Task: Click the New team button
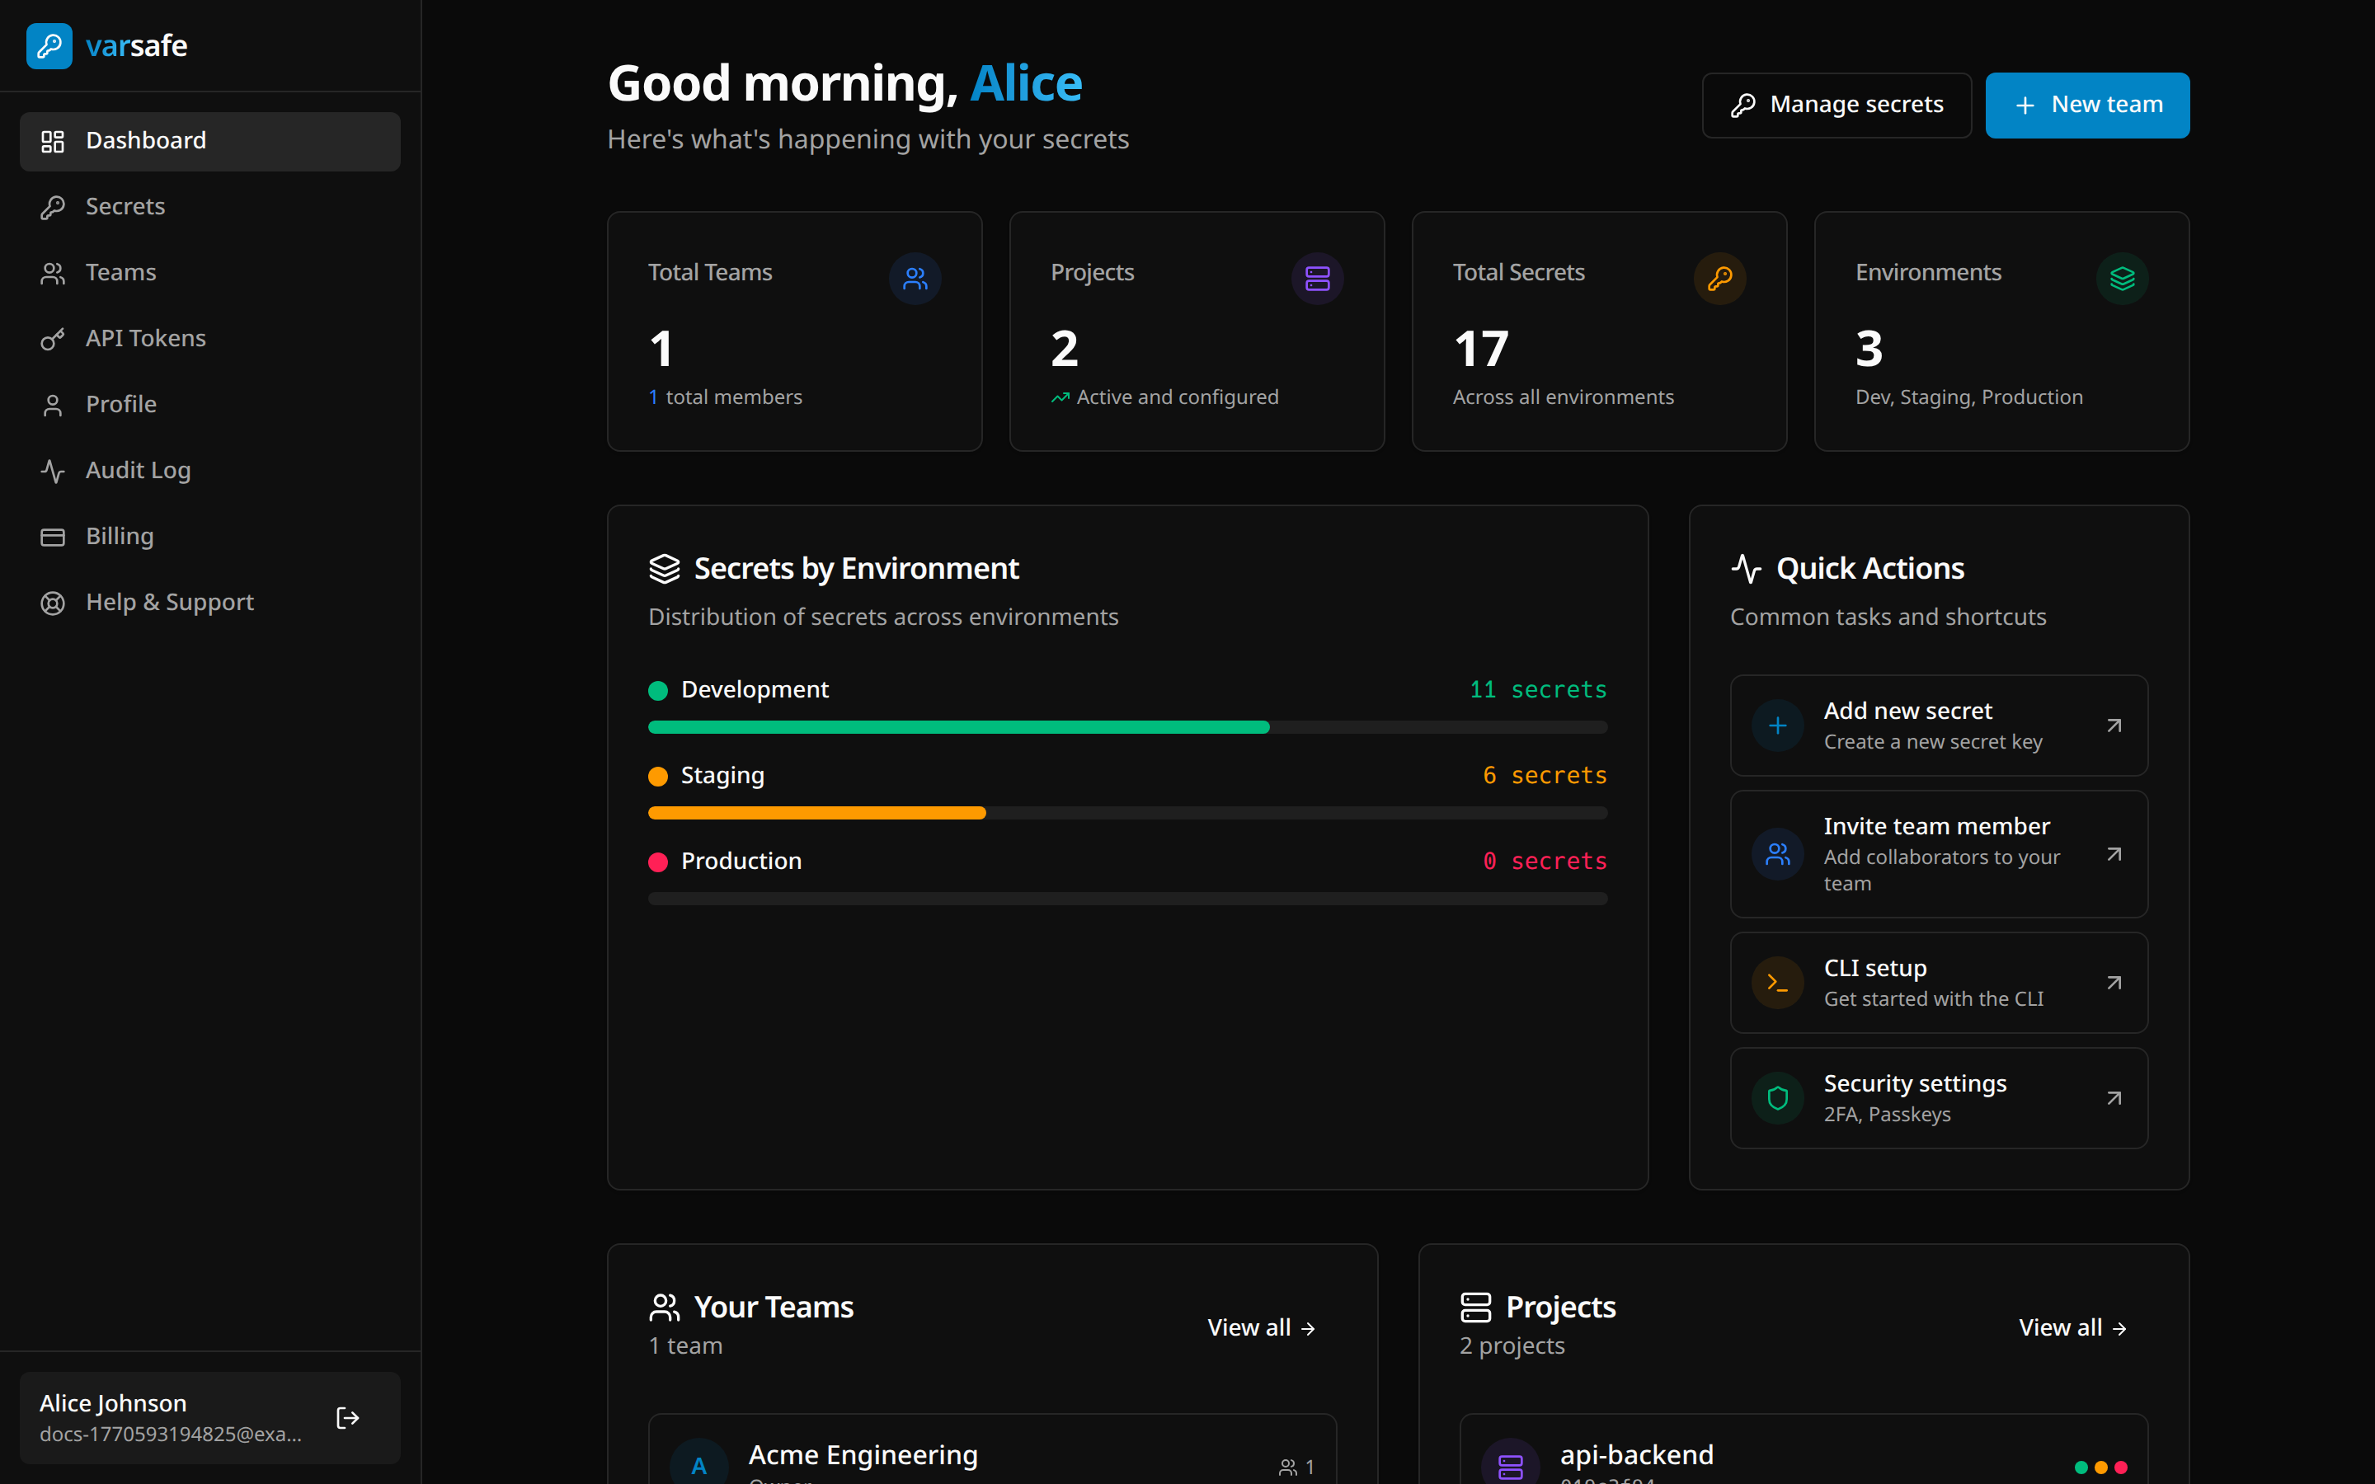2086,105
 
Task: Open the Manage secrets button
1837,105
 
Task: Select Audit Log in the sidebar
138,470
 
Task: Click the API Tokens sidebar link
145,339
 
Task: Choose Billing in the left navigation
119,536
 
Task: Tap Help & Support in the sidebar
169,602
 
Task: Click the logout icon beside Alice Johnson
347,1418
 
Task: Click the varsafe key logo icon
49,46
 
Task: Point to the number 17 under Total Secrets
1481,349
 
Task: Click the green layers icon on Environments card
2122,279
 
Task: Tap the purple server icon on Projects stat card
1317,279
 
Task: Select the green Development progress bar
958,727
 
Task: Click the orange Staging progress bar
816,813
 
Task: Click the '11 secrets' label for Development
1538,690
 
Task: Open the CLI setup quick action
1938,983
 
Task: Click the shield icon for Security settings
1777,1098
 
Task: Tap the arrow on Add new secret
2114,726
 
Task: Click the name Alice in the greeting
1026,83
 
